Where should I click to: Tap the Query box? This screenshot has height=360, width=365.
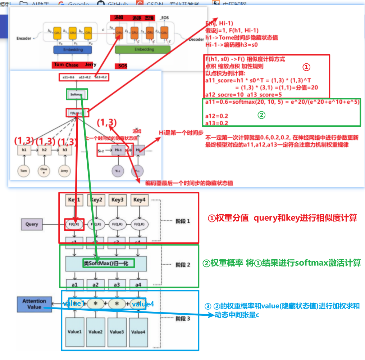point(32,224)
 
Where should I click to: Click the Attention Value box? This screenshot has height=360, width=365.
point(34,304)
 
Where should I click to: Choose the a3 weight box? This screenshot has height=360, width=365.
point(117,284)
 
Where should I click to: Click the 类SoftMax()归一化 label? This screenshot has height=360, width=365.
point(108,263)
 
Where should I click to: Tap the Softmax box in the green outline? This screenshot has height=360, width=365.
point(77,95)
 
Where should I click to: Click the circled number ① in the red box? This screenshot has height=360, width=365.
point(305,67)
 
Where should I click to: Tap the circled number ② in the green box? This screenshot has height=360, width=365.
point(262,115)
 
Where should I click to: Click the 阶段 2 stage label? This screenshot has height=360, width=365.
point(183,265)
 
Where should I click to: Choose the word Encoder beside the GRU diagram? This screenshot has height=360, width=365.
point(24,38)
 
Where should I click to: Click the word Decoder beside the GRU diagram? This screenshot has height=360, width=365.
point(196,39)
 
